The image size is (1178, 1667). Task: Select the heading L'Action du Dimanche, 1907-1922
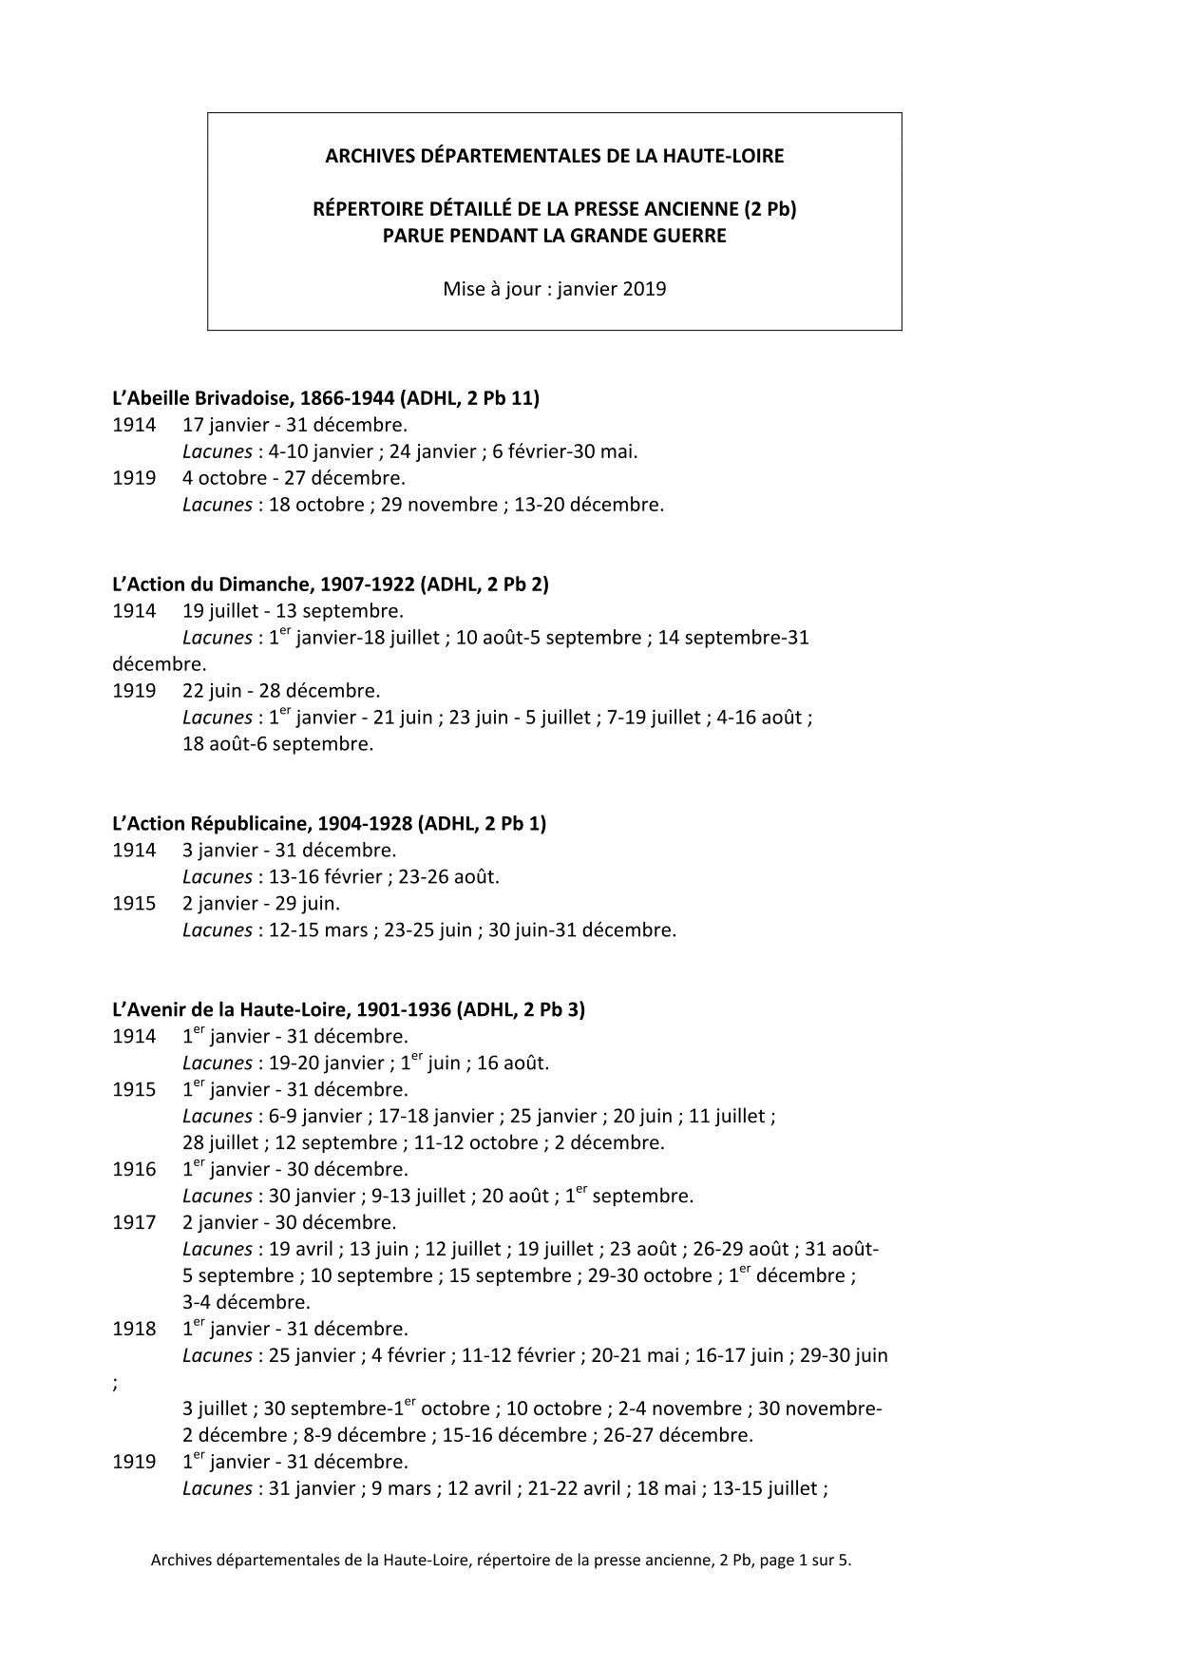coord(331,584)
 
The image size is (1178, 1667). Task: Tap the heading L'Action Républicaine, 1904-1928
coord(329,824)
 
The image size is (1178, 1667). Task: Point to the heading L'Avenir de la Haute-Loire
coord(349,1010)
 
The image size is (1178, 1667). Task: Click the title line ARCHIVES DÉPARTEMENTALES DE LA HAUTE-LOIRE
coord(555,156)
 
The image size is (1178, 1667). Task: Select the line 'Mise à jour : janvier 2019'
coord(555,289)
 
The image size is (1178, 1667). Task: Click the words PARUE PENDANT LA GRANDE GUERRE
coord(555,236)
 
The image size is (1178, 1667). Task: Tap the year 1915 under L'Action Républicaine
coord(134,904)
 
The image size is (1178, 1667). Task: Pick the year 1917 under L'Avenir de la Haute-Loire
coord(134,1223)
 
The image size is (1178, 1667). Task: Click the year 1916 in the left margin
coord(134,1170)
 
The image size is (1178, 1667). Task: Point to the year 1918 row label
coord(134,1330)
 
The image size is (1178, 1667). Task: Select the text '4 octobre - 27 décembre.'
coord(294,478)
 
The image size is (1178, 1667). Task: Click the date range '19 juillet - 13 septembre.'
coord(293,611)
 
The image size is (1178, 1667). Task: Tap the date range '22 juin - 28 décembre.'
coord(281,691)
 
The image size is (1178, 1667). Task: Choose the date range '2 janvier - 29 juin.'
coord(261,904)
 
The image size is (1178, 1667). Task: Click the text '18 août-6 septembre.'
coord(278,744)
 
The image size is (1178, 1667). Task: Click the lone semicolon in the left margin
coord(115,1384)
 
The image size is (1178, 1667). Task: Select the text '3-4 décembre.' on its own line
coord(247,1303)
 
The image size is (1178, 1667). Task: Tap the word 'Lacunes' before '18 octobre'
coord(217,505)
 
